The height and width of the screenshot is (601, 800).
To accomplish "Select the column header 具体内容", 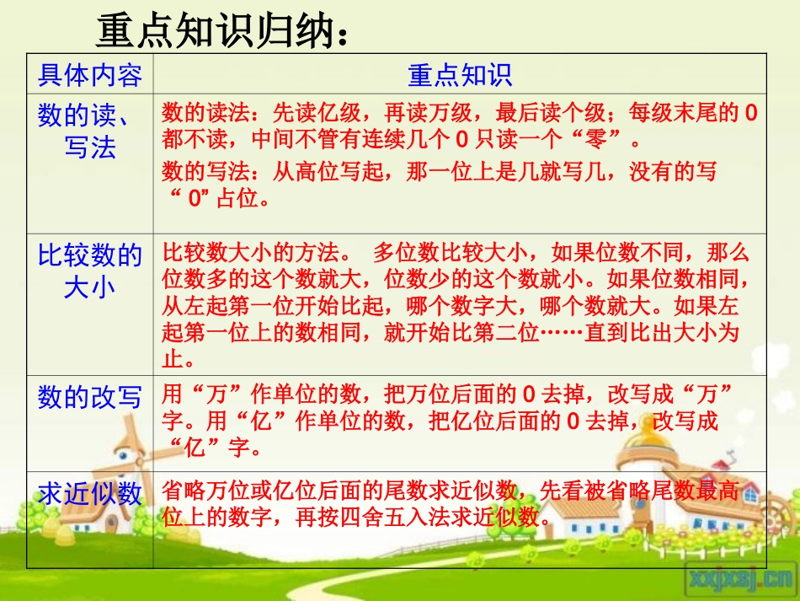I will click(90, 75).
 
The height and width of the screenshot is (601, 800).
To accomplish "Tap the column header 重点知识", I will click(460, 75).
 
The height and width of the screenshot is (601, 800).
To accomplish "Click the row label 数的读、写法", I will click(90, 131).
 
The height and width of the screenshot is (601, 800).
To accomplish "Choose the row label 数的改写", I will click(90, 396).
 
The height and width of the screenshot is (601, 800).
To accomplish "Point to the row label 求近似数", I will click(90, 494).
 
